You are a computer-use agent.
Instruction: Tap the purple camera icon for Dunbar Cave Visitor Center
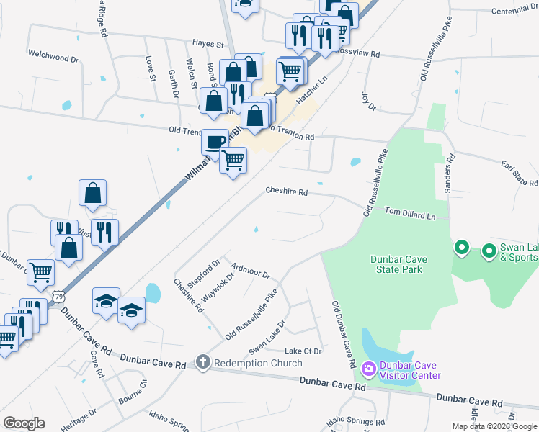(x=369, y=369)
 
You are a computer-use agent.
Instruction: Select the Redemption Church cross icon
(x=203, y=363)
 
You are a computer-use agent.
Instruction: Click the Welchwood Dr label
(x=53, y=55)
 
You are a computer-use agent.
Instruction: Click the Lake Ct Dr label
(x=303, y=351)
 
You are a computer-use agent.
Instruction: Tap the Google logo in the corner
(x=24, y=423)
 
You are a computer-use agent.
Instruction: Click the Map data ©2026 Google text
(x=494, y=426)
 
